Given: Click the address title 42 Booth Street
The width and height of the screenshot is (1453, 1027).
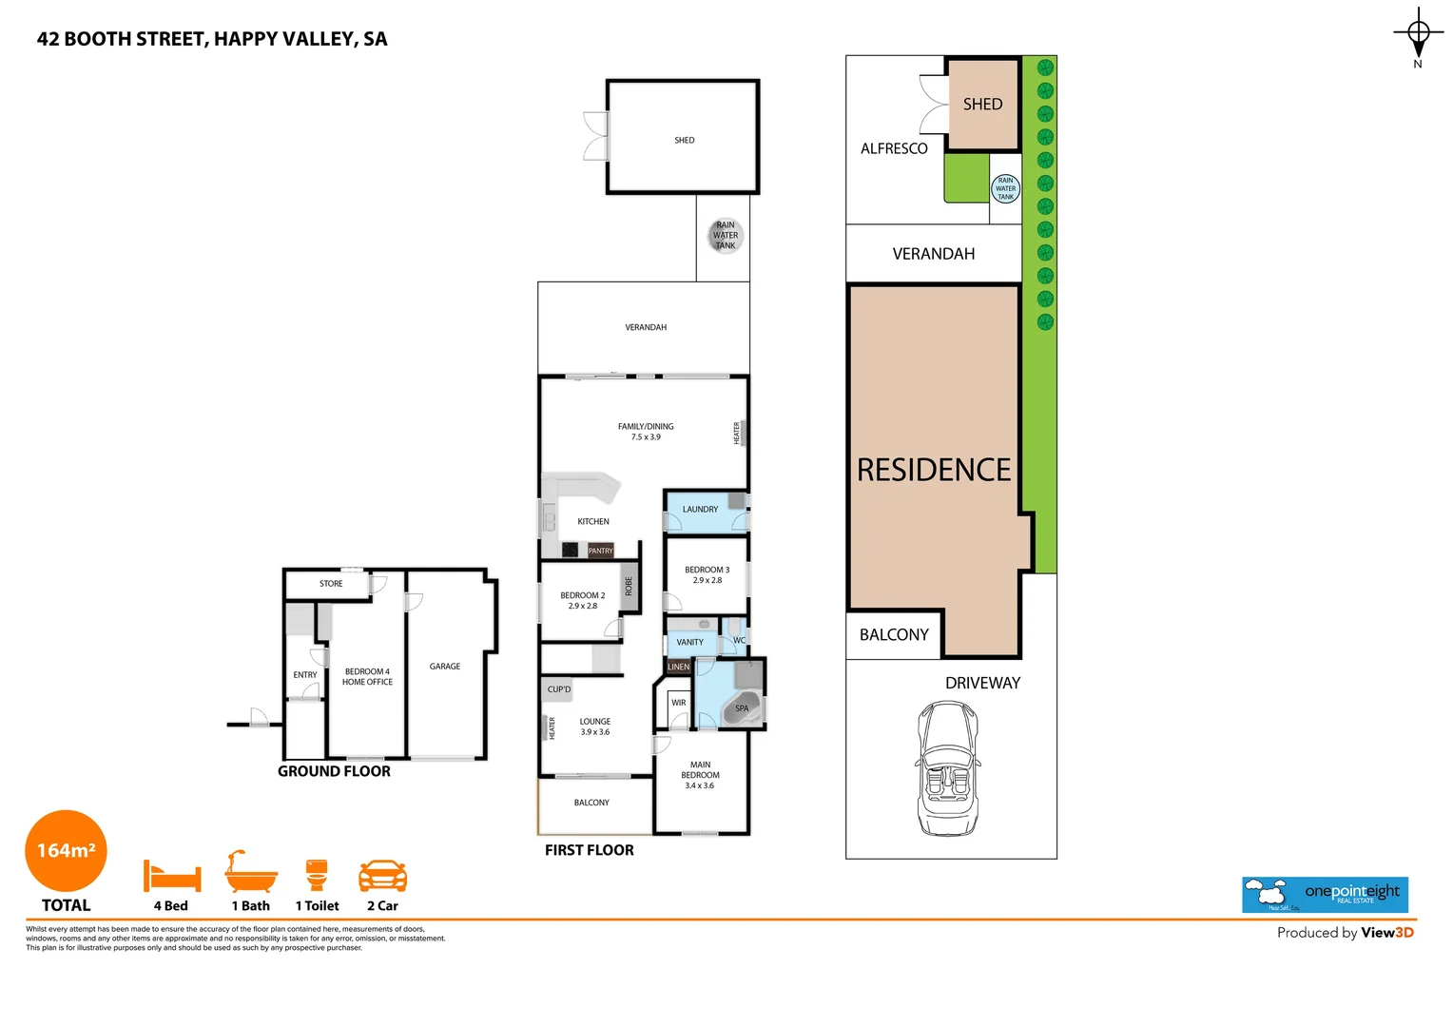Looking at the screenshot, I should [x=212, y=39].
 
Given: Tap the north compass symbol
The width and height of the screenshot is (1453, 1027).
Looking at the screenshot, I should [x=1418, y=36].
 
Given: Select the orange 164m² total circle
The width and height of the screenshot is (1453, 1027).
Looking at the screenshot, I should [x=66, y=851].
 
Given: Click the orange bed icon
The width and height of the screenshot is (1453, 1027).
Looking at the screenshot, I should [x=172, y=875].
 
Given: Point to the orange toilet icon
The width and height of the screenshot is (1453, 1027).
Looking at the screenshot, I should [x=317, y=874].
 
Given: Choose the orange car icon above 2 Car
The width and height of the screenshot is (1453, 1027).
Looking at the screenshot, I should [x=382, y=875].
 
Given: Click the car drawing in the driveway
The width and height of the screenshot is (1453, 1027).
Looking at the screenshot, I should [x=948, y=768].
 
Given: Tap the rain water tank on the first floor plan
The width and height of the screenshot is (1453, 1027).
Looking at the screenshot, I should [x=726, y=236].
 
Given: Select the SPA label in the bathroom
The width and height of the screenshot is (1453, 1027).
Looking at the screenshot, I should [x=742, y=708].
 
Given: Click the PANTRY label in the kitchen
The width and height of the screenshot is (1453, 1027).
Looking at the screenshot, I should [x=600, y=551].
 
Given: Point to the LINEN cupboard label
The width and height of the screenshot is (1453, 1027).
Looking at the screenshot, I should [x=679, y=668].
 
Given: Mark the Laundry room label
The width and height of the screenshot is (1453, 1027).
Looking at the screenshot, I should [x=700, y=510].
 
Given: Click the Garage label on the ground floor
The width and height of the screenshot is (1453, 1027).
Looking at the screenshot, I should [x=444, y=667].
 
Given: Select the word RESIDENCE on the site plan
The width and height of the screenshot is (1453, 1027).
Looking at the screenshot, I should [x=934, y=470].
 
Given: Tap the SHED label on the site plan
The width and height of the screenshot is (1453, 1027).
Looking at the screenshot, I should [x=982, y=105].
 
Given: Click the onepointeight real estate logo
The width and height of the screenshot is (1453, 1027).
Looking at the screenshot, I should [x=1325, y=895].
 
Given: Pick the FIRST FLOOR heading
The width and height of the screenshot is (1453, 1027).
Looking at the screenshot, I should [x=589, y=850].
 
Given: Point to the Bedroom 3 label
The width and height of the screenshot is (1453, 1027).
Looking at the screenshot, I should [x=707, y=574].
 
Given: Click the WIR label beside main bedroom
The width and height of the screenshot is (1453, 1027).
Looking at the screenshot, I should [x=678, y=703].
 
